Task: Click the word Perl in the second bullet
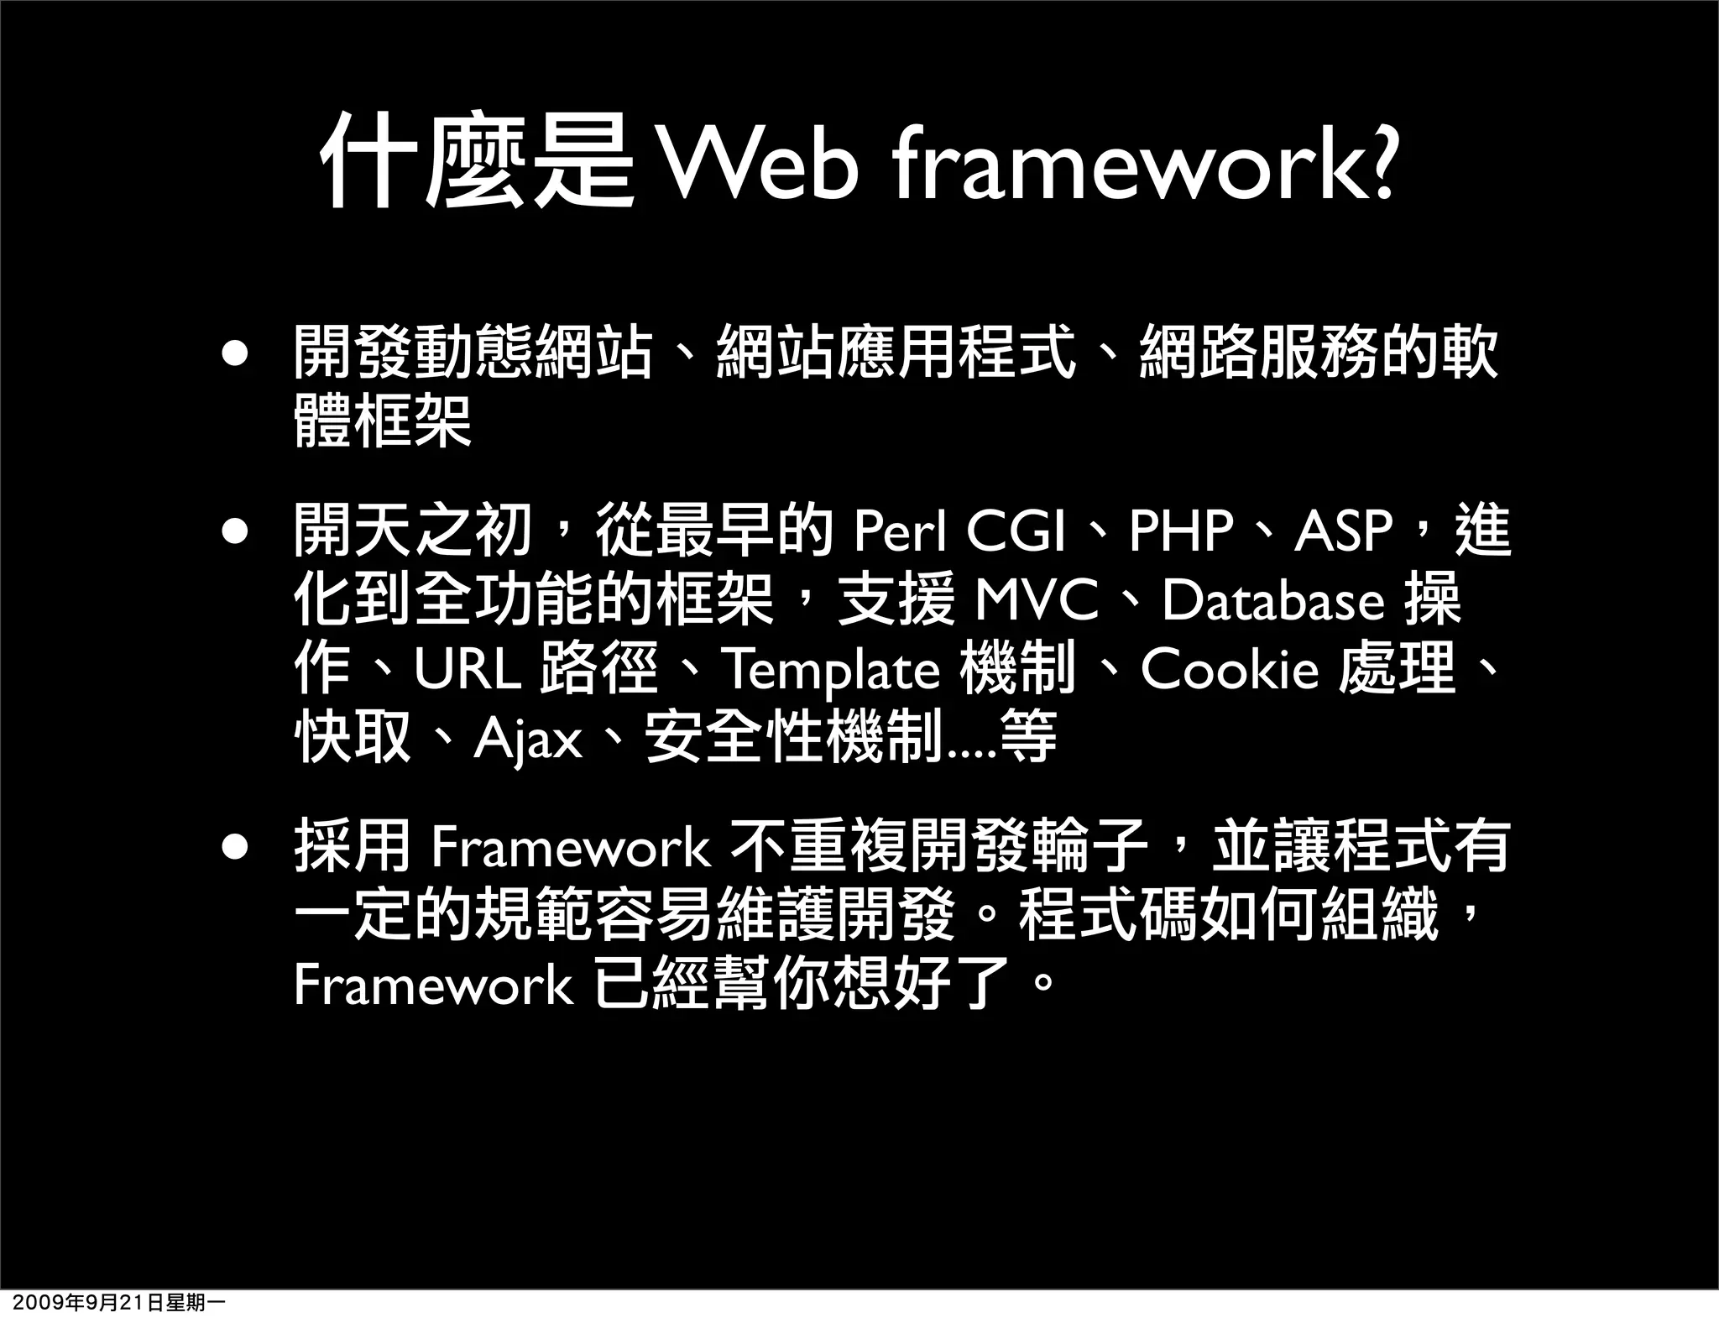click(x=901, y=531)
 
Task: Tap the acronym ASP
click(x=1343, y=531)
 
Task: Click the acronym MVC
click(x=1037, y=600)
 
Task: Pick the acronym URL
click(x=468, y=670)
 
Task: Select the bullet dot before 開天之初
click(x=235, y=531)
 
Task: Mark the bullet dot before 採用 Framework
click(x=235, y=847)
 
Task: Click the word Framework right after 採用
click(x=571, y=848)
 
